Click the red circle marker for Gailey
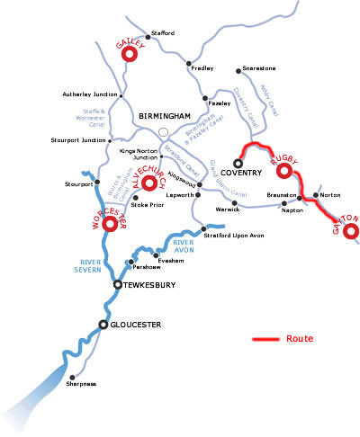128,54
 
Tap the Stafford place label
162,33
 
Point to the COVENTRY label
240,173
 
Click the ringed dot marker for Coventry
238,162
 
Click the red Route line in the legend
266,340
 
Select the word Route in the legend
300,339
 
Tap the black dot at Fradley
189,64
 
